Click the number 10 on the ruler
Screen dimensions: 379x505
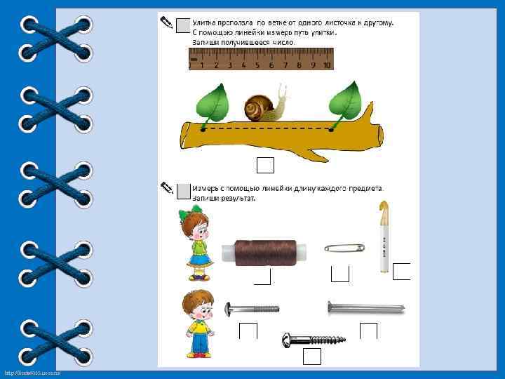pyautogui.click(x=326, y=65)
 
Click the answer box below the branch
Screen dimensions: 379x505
pyautogui.click(x=265, y=165)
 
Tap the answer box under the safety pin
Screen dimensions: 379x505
pyautogui.click(x=339, y=274)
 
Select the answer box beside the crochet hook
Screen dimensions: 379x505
pyautogui.click(x=402, y=271)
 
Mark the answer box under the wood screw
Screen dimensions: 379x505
pyautogui.click(x=312, y=357)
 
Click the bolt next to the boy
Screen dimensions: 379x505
pyautogui.click(x=252, y=309)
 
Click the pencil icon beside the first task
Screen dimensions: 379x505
pyautogui.click(x=166, y=22)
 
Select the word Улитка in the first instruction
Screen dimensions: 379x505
pyautogui.click(x=207, y=22)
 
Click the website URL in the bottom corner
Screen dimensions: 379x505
pyautogui.click(x=32, y=372)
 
